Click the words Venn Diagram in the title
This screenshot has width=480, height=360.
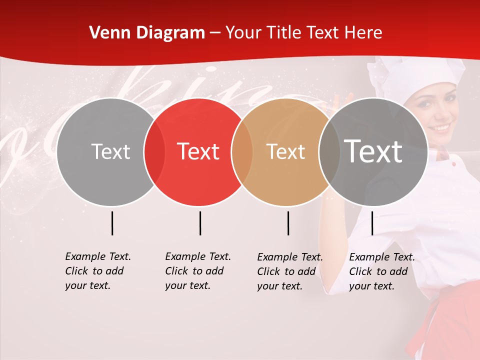(x=147, y=33)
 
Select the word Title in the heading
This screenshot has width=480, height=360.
(x=284, y=33)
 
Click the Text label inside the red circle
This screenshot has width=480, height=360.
(x=198, y=151)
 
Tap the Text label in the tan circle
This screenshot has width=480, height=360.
(x=286, y=152)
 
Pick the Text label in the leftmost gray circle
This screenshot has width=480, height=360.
(x=110, y=151)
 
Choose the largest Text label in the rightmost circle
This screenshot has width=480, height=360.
(x=373, y=151)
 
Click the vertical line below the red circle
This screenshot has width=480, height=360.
(x=200, y=223)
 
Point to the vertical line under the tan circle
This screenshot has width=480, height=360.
(x=288, y=223)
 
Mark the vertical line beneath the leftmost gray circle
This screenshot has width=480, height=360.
(x=112, y=223)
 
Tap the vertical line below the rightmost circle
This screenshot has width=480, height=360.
(x=372, y=223)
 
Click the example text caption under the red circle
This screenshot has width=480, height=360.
(x=198, y=271)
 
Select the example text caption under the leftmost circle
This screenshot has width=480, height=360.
(x=98, y=271)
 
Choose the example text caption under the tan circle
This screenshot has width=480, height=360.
(x=290, y=271)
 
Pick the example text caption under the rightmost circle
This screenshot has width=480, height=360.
(x=382, y=271)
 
